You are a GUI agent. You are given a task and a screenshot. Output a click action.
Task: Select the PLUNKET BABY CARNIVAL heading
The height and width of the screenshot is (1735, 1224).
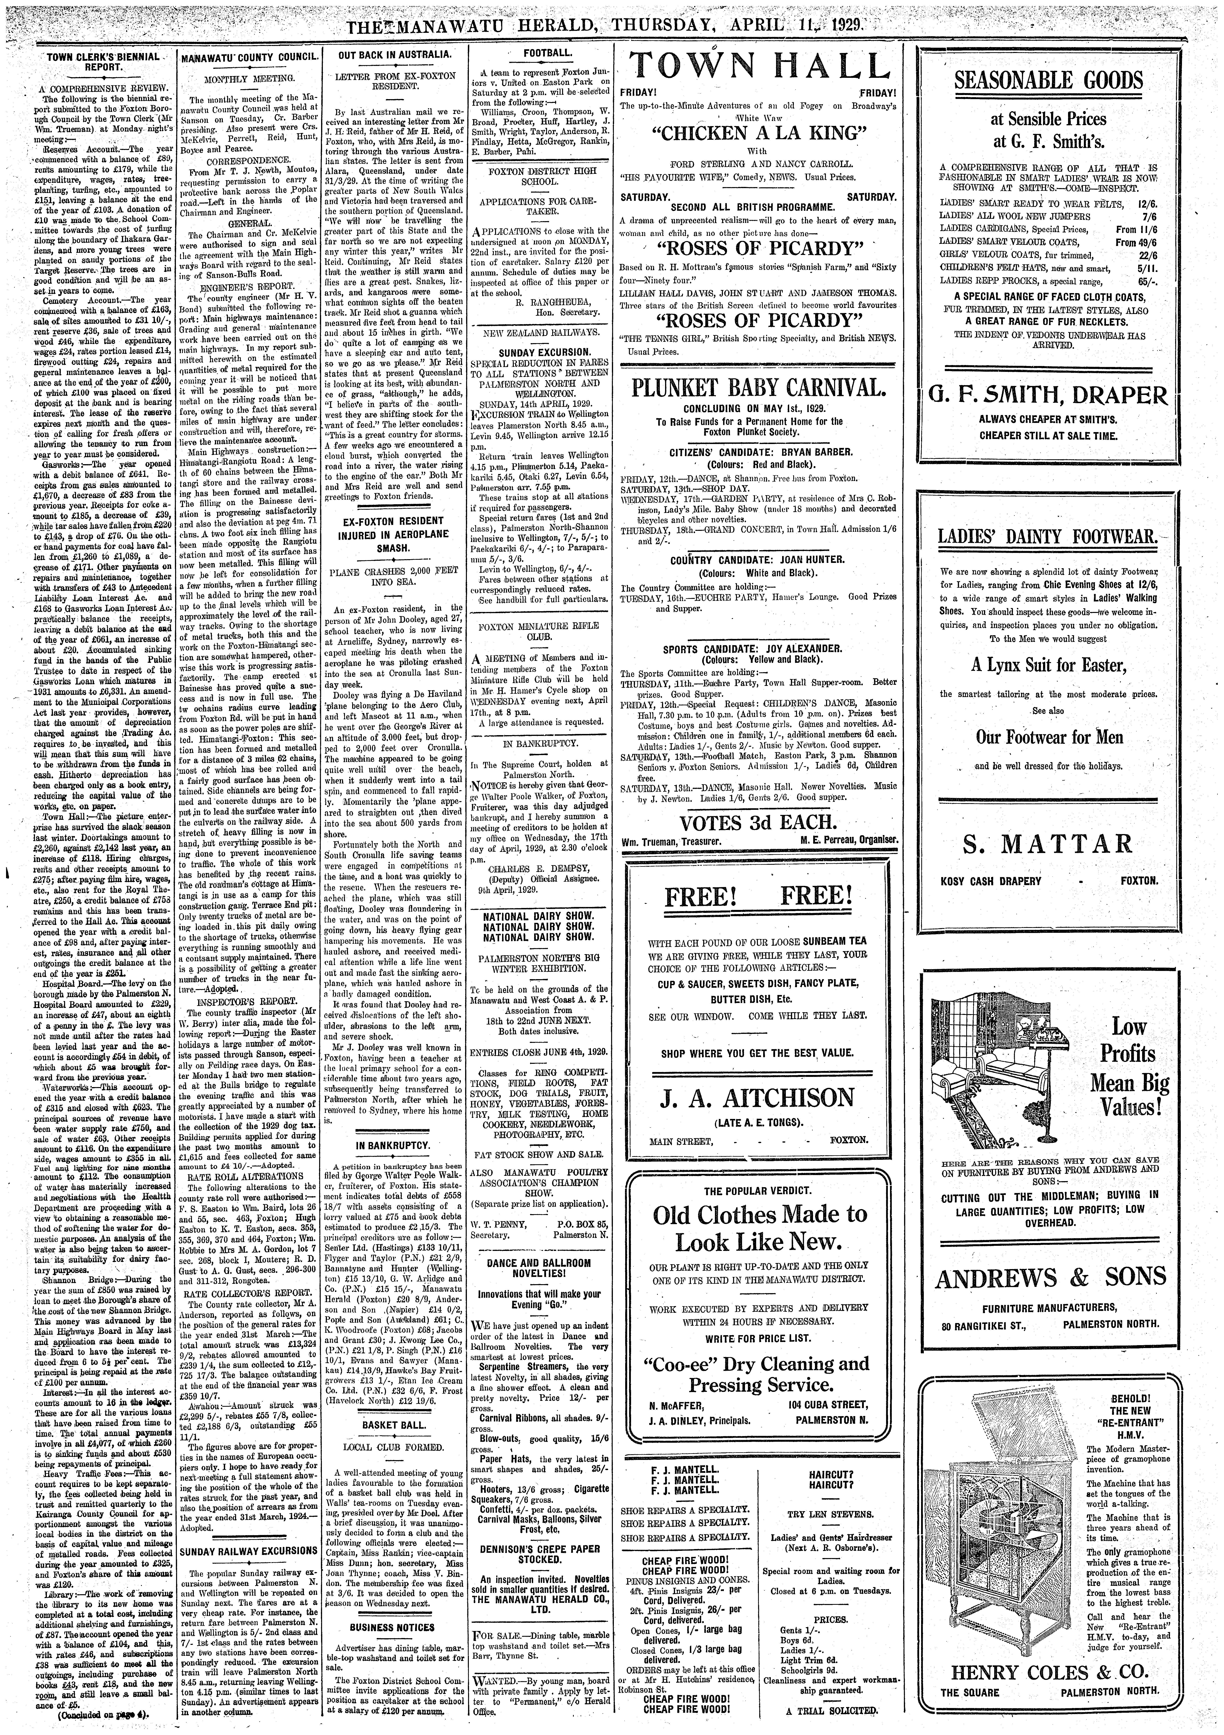tap(758, 389)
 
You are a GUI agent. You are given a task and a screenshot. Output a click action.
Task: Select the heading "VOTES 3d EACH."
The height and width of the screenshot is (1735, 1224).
tap(758, 823)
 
